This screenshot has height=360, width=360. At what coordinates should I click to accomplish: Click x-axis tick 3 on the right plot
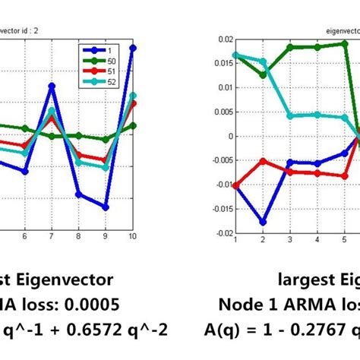tap(290, 240)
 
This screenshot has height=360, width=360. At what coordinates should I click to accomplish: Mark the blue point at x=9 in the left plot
tap(106, 207)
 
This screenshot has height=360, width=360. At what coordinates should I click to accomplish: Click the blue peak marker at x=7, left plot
tap(52, 86)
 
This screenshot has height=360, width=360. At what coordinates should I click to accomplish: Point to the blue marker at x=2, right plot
tap(263, 223)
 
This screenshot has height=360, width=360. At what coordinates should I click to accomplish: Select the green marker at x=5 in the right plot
tap(345, 43)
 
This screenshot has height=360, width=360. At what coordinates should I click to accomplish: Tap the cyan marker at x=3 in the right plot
tap(290, 116)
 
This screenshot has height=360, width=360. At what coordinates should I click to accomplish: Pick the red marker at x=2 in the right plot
tap(263, 161)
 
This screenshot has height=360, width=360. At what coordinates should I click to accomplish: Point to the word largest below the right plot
tap(304, 281)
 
